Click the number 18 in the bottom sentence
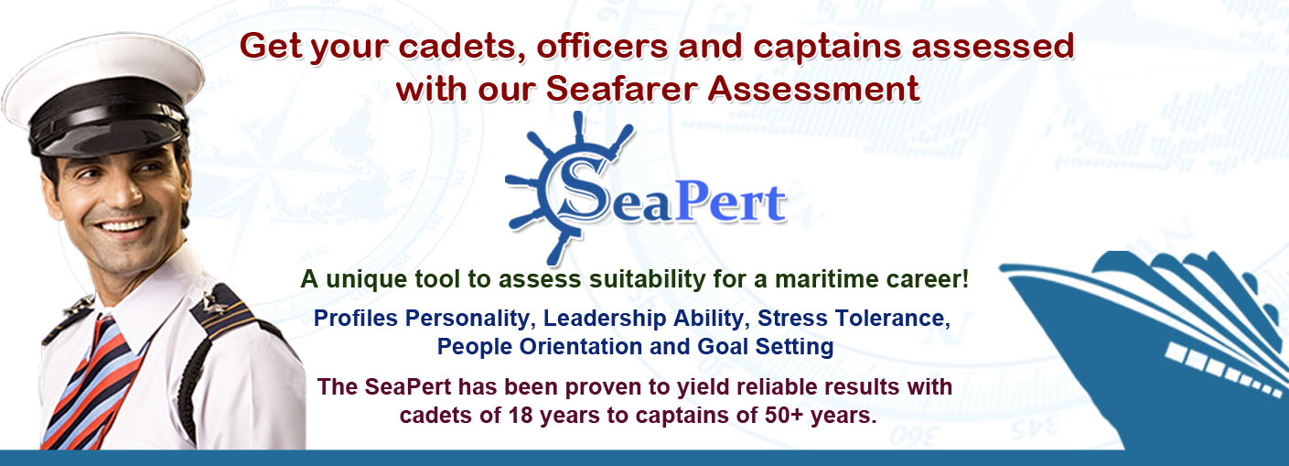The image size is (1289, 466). (521, 416)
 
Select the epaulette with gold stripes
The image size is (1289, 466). (221, 311)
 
